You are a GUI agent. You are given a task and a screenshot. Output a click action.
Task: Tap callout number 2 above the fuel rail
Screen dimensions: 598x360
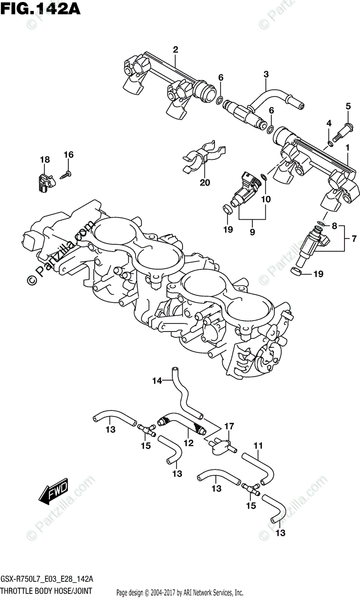[176, 49]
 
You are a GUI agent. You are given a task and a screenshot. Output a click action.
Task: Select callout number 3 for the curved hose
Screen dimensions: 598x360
[266, 75]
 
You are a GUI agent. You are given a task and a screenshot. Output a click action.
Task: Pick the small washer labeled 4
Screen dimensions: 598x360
[330, 145]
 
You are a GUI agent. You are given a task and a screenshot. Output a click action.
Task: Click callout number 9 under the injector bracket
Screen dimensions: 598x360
[252, 232]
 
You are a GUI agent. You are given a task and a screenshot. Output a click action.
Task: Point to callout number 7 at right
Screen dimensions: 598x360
[354, 239]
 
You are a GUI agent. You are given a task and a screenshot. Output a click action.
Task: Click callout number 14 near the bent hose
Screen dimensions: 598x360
[157, 381]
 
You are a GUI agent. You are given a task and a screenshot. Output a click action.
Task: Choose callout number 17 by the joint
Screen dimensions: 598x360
[229, 426]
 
